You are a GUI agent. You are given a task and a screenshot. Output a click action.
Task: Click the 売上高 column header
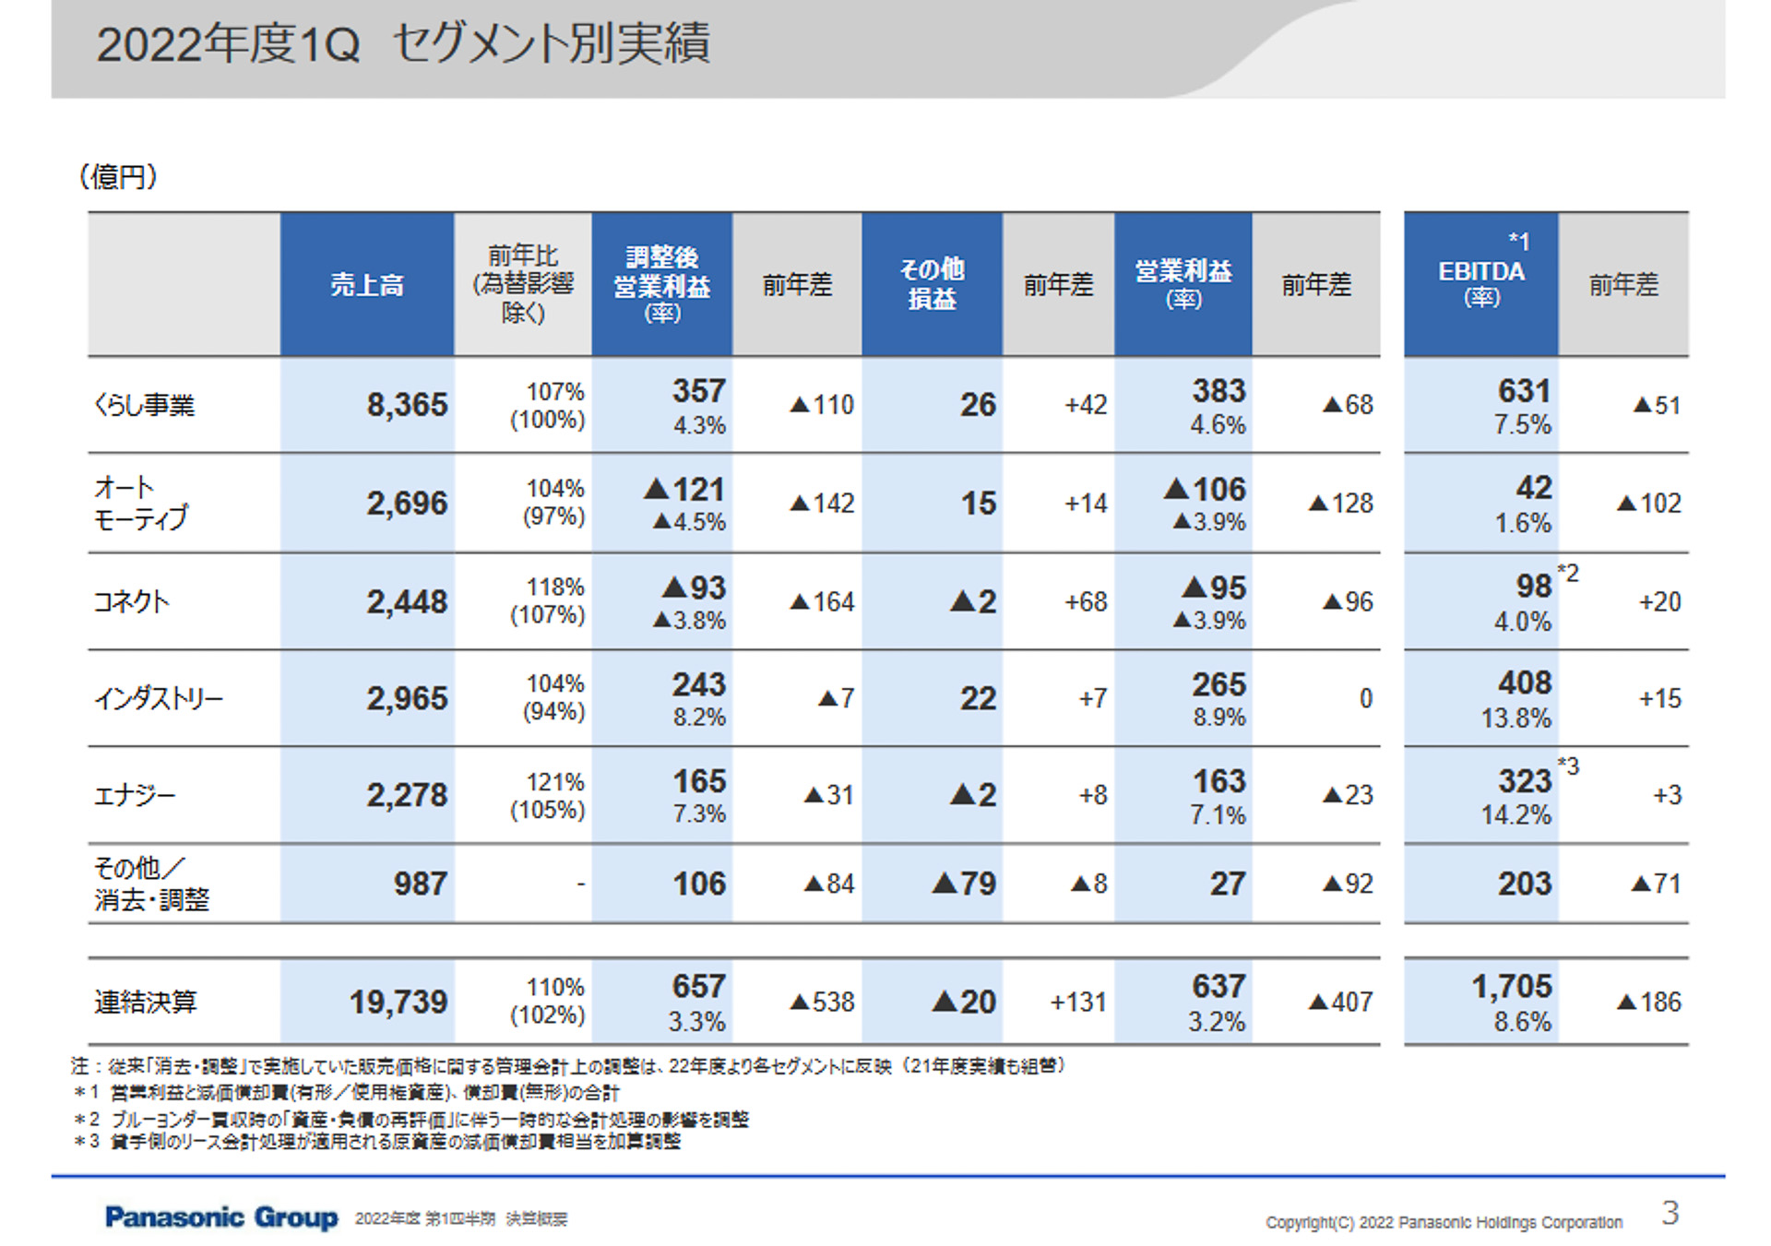[367, 284]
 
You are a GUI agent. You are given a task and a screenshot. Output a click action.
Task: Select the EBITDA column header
[1480, 271]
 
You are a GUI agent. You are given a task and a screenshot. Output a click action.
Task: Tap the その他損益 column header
[932, 284]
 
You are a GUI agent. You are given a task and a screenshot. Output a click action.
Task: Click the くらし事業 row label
[145, 405]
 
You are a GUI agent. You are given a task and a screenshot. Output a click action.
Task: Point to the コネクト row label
[131, 601]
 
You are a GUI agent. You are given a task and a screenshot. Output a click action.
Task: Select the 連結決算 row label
[145, 1002]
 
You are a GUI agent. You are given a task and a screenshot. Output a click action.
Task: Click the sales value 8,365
[406, 405]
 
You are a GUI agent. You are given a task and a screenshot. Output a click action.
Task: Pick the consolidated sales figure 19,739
[398, 1002]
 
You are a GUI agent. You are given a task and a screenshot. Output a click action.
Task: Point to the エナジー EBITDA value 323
[1524, 781]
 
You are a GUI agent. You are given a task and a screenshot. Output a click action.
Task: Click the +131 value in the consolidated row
[1077, 1002]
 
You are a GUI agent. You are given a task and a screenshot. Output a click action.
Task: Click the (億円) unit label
[118, 176]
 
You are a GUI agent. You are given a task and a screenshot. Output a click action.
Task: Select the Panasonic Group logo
[221, 1217]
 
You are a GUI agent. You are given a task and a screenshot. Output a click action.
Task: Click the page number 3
[1670, 1213]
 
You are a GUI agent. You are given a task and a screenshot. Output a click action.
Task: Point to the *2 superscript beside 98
[1568, 574]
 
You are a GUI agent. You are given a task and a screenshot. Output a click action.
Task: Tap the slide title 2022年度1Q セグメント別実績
[403, 44]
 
